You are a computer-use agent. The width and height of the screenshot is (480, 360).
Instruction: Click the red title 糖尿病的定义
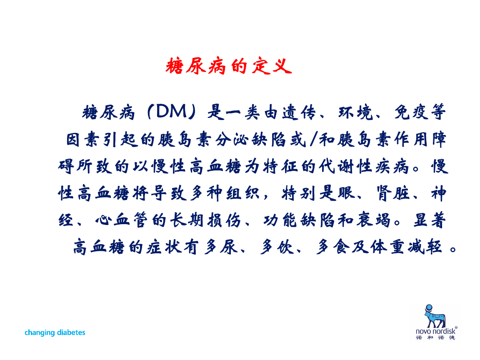228,66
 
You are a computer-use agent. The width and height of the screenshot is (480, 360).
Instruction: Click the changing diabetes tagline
55,332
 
